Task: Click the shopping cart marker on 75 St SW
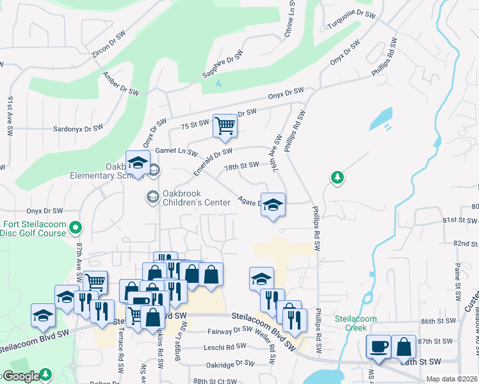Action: click(x=225, y=125)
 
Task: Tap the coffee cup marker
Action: click(x=377, y=347)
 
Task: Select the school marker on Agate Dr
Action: click(x=273, y=205)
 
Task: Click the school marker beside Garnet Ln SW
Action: click(x=137, y=164)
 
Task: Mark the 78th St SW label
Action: click(x=241, y=166)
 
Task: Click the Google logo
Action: click(x=21, y=376)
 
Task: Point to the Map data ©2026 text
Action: click(x=452, y=379)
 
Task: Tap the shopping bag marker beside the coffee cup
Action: click(x=403, y=347)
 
